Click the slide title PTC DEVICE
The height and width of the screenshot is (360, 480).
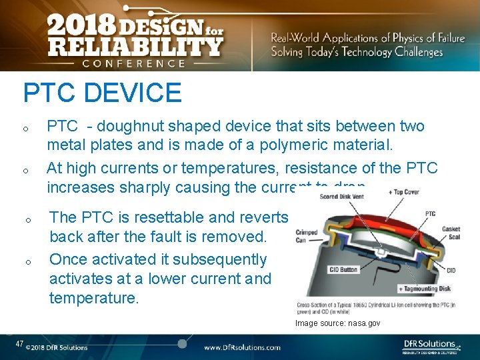[102, 93]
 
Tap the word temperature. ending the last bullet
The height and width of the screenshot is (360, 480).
[93, 298]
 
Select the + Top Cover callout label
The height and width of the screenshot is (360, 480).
[404, 192]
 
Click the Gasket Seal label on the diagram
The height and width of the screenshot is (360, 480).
[451, 233]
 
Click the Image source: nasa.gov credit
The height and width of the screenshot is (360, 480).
[337, 323]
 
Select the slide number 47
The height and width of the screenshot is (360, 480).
[20, 344]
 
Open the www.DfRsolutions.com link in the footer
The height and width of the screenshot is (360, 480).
[242, 347]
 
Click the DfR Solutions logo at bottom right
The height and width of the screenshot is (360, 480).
[431, 345]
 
